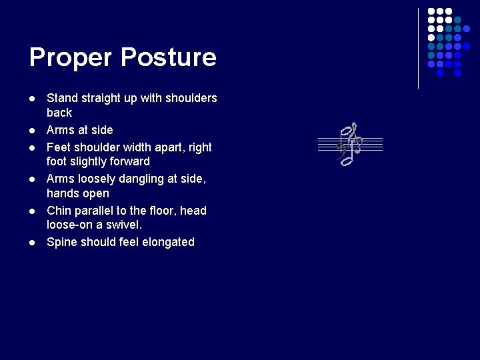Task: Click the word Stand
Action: pos(61,98)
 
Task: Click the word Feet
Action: pos(59,147)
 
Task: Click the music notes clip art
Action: pos(349,143)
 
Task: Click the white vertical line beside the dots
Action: pos(419,48)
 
